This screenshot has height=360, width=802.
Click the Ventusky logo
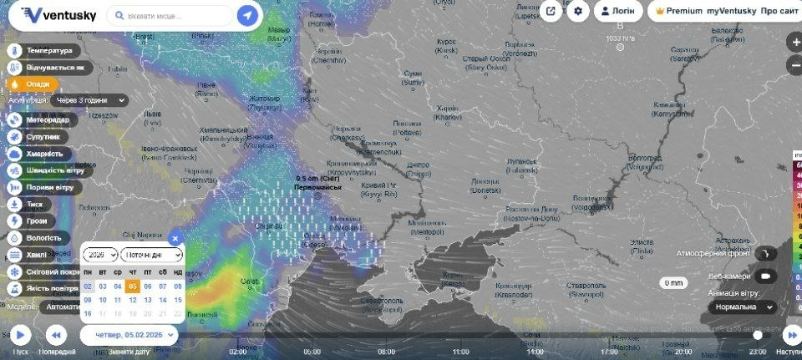click(x=58, y=15)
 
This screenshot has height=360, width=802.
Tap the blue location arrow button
click(x=246, y=15)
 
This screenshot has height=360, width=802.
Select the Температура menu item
click(x=47, y=50)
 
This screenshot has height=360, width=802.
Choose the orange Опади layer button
click(x=33, y=84)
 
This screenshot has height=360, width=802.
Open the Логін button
click(x=618, y=12)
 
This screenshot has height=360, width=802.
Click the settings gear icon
click(x=578, y=12)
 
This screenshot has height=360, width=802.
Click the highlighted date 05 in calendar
click(x=133, y=286)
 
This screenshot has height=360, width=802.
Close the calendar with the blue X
click(x=175, y=238)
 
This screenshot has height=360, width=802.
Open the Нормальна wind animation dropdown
click(x=741, y=307)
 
